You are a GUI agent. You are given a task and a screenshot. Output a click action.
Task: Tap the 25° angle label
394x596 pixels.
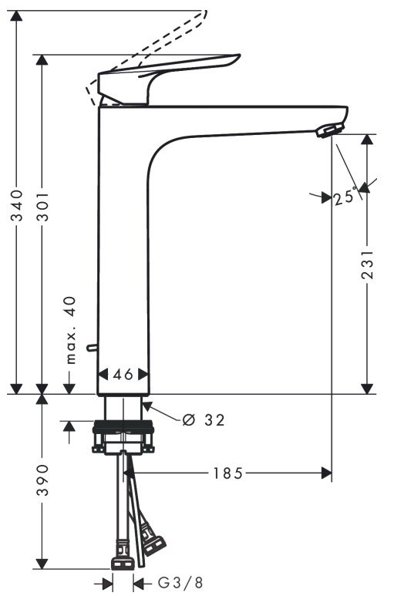(345, 198)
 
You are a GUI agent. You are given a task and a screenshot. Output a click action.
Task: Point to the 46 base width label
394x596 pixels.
(123, 374)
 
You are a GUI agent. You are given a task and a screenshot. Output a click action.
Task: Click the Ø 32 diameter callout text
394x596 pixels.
(204, 420)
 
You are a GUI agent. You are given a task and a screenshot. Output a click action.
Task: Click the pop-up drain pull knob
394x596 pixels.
(93, 349)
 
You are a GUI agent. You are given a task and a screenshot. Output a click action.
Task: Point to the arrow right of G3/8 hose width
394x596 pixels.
(140, 582)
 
